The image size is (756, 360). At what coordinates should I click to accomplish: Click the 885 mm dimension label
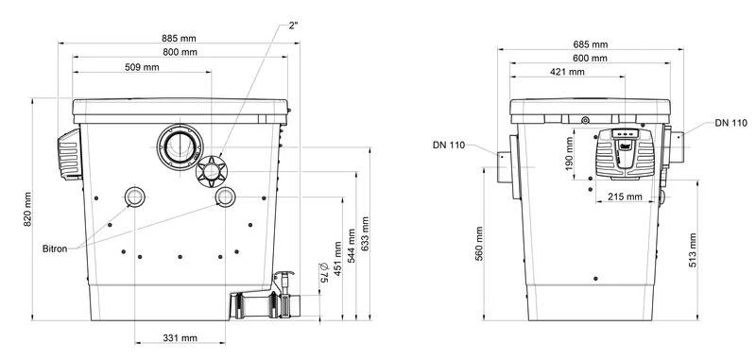(x=180, y=38)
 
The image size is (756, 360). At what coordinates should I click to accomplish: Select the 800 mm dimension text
(x=180, y=52)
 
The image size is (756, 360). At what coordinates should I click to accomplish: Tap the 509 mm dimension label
(x=142, y=67)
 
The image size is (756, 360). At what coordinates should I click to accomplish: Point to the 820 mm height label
(x=27, y=209)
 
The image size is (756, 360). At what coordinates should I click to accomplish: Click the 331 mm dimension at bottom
(x=180, y=338)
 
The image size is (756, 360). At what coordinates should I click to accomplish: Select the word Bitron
(x=55, y=249)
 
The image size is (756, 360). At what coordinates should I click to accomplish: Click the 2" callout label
(x=293, y=26)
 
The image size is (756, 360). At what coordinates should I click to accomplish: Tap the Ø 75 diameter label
(x=323, y=272)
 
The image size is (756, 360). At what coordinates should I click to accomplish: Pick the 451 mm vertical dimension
(x=338, y=259)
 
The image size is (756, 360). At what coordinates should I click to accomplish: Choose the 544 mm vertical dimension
(x=352, y=246)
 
